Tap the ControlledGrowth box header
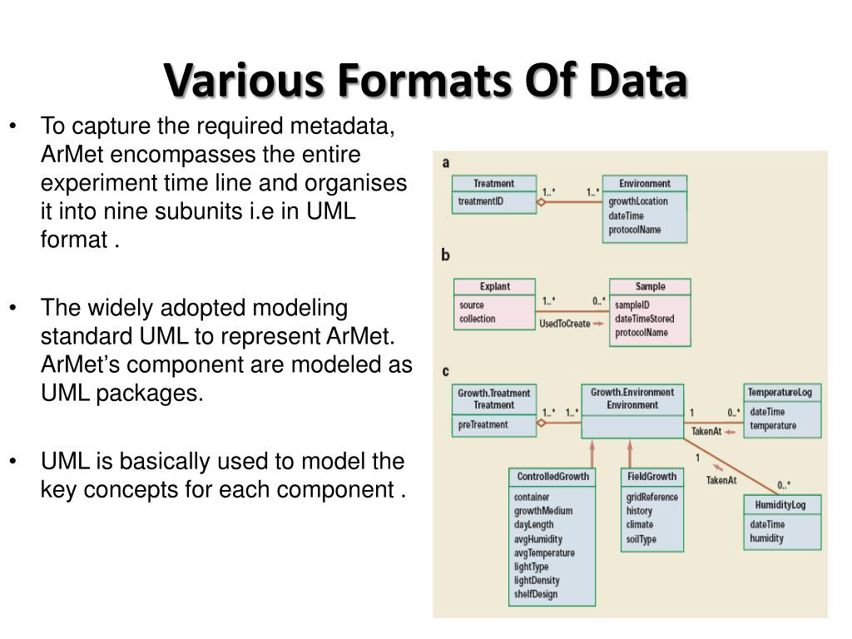coord(552,477)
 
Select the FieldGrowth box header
coord(651,477)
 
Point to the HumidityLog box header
coord(781,505)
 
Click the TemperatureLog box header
coord(782,392)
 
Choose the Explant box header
coord(494,286)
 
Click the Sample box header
coord(650,286)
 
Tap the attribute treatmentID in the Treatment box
coord(481,201)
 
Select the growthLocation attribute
coord(637,201)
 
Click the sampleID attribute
coord(632,305)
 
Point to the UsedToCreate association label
coord(564,324)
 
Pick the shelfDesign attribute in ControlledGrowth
coord(536,594)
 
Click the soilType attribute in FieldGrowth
coord(641,539)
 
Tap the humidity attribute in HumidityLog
coord(766,538)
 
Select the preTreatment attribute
coord(483,425)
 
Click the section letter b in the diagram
coord(445,255)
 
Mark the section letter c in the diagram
coord(445,371)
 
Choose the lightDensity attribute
coord(537,580)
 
